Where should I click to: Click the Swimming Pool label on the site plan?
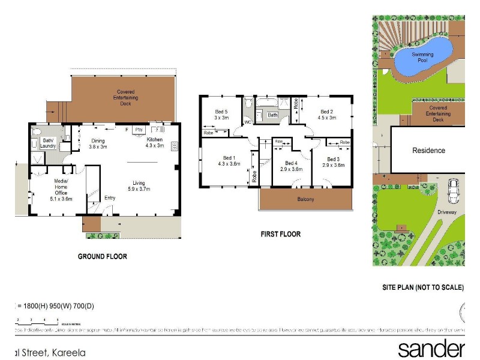click(423, 58)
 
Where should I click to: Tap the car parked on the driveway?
click(454, 191)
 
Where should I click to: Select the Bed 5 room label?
click(221, 115)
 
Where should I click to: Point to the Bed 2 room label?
click(326, 115)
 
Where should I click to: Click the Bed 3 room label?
click(334, 162)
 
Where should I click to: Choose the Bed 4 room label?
click(292, 166)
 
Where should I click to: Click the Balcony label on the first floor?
click(306, 199)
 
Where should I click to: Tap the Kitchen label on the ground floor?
click(155, 142)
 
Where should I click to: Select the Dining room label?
click(98, 143)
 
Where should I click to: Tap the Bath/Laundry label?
click(48, 143)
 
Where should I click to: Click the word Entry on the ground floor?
click(110, 198)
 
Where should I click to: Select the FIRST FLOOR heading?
click(281, 234)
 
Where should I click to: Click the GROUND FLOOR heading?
click(103, 256)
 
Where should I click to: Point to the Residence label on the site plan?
click(428, 151)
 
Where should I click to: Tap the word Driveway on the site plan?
click(447, 212)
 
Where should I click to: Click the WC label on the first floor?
click(247, 122)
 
